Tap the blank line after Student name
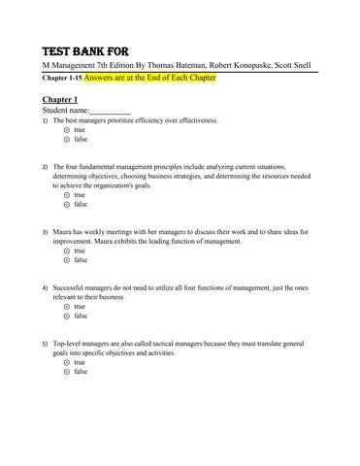coord(110,112)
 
